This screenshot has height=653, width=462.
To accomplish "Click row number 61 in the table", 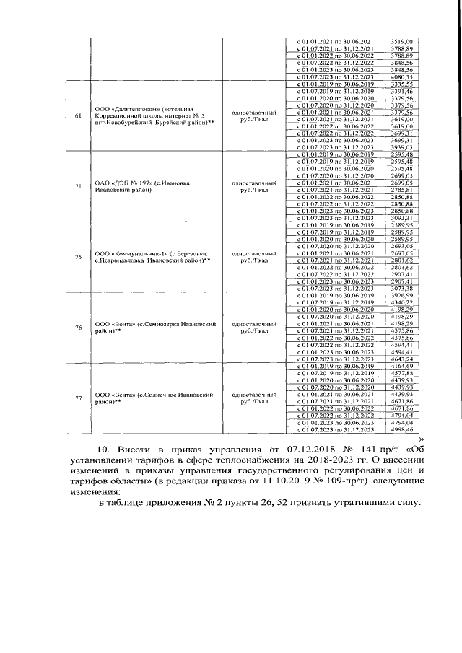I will tap(77, 117).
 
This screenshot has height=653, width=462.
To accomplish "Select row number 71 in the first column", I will tap(77, 187).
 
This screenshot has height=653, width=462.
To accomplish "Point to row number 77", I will tap(77, 399).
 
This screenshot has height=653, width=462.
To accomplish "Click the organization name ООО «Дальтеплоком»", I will tap(128, 108).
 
